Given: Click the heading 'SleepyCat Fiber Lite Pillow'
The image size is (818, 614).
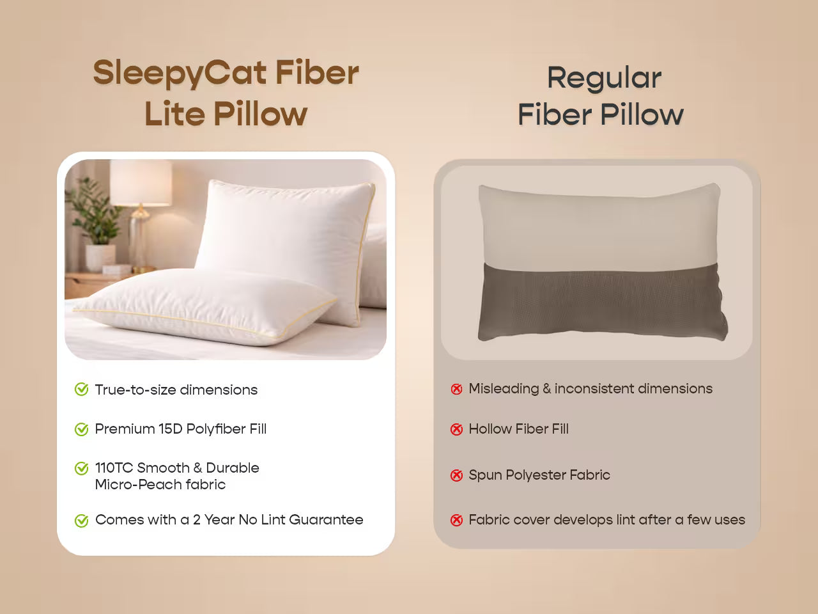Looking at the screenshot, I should pyautogui.click(x=226, y=93).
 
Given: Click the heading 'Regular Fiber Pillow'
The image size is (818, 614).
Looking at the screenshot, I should pyautogui.click(x=601, y=96).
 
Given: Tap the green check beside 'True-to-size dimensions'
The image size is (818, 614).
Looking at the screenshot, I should pyautogui.click(x=81, y=390).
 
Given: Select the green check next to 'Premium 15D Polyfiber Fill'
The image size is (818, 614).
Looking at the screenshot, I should pyautogui.click(x=81, y=429).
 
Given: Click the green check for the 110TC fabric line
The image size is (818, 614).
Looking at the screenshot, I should pyautogui.click(x=81, y=469).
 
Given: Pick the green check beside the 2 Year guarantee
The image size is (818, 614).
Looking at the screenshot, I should pyautogui.click(x=81, y=521).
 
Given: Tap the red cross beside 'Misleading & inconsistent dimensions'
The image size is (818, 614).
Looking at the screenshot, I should pyautogui.click(x=456, y=389).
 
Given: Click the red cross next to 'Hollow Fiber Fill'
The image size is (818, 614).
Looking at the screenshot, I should pyautogui.click(x=456, y=429).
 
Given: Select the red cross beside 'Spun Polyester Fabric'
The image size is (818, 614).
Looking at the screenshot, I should pyautogui.click(x=456, y=475).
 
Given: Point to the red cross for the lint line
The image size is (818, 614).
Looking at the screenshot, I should pyautogui.click(x=456, y=520).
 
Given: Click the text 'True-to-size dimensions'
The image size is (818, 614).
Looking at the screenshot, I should pyautogui.click(x=176, y=390).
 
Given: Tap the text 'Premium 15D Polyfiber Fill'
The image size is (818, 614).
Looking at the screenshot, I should pyautogui.click(x=180, y=429).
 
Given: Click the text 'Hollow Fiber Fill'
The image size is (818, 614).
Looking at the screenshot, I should pyautogui.click(x=518, y=429).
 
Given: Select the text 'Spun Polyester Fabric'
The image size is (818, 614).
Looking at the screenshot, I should pyautogui.click(x=539, y=475).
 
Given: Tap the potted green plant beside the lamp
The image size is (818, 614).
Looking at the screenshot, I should pyautogui.click(x=89, y=211).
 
